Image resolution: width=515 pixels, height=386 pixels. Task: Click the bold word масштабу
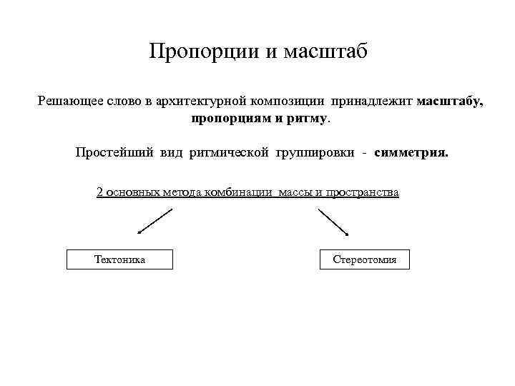click(449, 102)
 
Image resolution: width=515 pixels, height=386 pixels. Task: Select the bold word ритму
click(308, 117)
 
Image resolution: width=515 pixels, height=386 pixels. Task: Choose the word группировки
click(315, 153)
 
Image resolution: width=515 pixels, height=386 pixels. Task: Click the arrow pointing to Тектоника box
click(155, 221)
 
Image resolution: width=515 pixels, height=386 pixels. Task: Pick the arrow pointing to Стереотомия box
click(333, 222)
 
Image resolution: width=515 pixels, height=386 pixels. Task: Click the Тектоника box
click(119, 259)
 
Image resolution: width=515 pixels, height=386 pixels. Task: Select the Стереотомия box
click(365, 259)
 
